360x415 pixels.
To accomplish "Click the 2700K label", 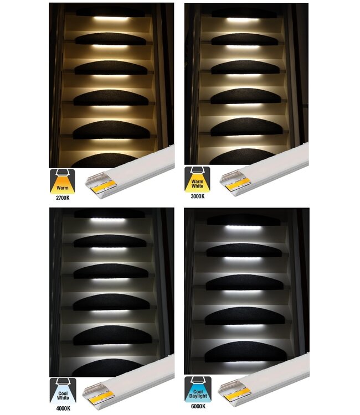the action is [x=63, y=198].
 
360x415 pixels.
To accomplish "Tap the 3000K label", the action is [x=198, y=196].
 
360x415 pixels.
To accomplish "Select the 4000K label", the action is [x=63, y=408].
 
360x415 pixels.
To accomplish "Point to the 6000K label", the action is [x=198, y=406].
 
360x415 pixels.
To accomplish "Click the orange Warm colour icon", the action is [x=63, y=182].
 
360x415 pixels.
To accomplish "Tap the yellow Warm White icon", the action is [x=197, y=180].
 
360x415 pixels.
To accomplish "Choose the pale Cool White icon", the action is [x=63, y=391].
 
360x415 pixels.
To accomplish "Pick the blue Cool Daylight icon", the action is [x=198, y=390].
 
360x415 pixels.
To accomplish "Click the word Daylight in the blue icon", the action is [x=198, y=396].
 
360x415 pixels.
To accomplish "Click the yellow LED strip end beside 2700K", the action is [x=104, y=186].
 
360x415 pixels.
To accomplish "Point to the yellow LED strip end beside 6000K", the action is [x=236, y=396].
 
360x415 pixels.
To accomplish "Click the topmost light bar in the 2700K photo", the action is [x=111, y=18].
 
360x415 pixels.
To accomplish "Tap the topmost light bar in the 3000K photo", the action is [x=243, y=19].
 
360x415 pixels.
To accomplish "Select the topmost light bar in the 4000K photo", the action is [x=108, y=220].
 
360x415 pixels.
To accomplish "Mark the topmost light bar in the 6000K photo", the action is [x=243, y=227].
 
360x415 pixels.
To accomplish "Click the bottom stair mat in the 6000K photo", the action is [x=245, y=351].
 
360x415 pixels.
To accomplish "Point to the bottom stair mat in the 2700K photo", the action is [x=105, y=160].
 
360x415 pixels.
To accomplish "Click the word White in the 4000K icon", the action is [x=63, y=398].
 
